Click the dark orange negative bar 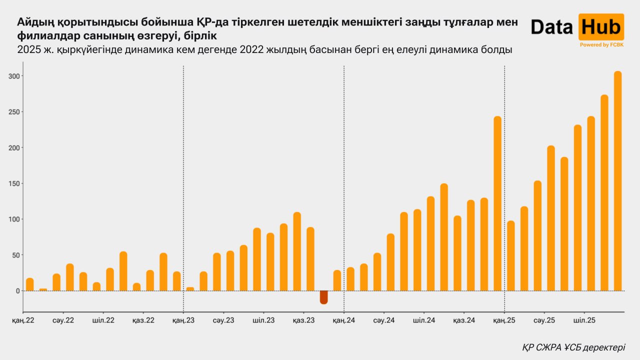pyautogui.click(x=323, y=297)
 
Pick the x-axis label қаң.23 pyautogui.click(x=183, y=320)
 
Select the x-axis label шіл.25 pyautogui.click(x=583, y=320)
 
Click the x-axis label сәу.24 pyautogui.click(x=383, y=320)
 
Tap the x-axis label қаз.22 pyautogui.click(x=143, y=320)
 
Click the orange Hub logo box pyautogui.click(x=601, y=27)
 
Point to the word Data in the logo pyautogui.click(x=551, y=27)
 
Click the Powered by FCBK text pyautogui.click(x=601, y=45)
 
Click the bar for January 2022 pyautogui.click(x=30, y=284)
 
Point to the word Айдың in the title pyautogui.click(x=36, y=22)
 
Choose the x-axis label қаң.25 pyautogui.click(x=504, y=320)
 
